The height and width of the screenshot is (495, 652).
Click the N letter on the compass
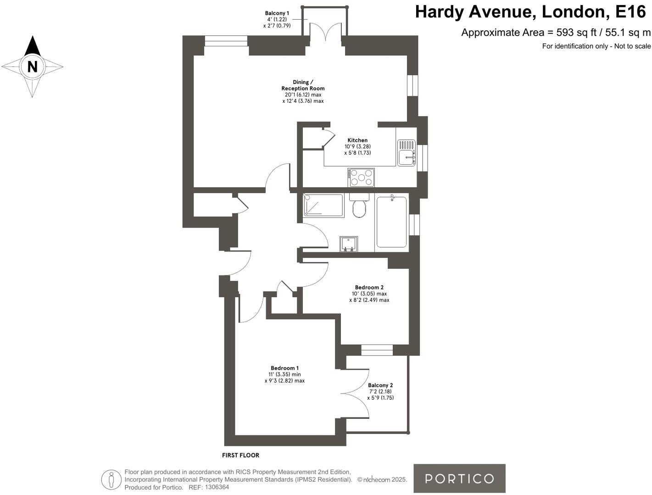pyautogui.click(x=32, y=67)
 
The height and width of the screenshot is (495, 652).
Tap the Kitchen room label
pyautogui.click(x=357, y=140)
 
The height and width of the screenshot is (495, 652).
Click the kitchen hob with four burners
pyautogui.click(x=362, y=178)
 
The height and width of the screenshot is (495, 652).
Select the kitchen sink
pyautogui.click(x=406, y=153)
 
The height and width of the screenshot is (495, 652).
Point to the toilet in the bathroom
pyautogui.click(x=359, y=207)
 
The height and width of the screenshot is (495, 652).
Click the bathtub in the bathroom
pyautogui.click(x=391, y=222)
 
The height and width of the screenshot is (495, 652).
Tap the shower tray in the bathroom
pyautogui.click(x=324, y=205)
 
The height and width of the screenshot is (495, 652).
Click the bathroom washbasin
pyautogui.click(x=349, y=244)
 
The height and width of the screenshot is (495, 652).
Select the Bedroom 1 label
pyautogui.click(x=284, y=368)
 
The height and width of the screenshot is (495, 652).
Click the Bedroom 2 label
pyautogui.click(x=369, y=288)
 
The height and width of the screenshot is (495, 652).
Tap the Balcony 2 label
pyautogui.click(x=380, y=385)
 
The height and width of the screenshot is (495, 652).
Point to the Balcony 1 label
pyautogui.click(x=277, y=13)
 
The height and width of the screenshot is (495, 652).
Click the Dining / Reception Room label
pyautogui.click(x=303, y=85)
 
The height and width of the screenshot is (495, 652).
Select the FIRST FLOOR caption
pyautogui.click(x=240, y=455)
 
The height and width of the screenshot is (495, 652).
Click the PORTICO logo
pyautogui.click(x=459, y=478)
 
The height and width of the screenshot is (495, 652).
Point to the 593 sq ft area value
pyautogui.click(x=570, y=33)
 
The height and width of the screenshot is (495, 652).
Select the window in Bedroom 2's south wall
pyautogui.click(x=377, y=350)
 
